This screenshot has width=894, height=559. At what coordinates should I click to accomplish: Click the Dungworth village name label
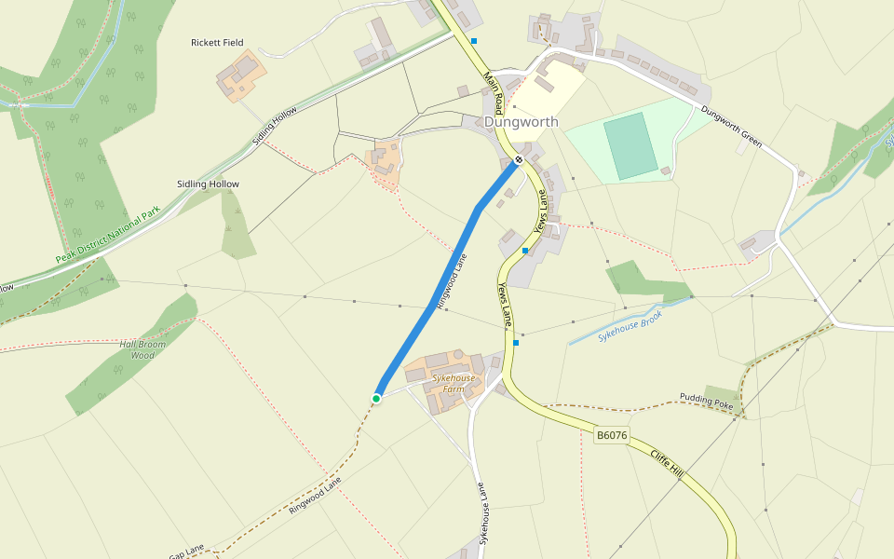(521, 122)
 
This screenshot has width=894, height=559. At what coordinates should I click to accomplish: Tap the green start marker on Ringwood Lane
(376, 399)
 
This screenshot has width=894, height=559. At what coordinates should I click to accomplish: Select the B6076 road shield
(612, 435)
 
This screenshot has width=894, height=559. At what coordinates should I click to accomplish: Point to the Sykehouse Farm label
(454, 384)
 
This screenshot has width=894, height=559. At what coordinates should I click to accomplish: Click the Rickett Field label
(217, 43)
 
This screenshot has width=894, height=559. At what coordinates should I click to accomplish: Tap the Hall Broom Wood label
(142, 349)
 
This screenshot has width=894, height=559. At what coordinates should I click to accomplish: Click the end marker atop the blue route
(519, 160)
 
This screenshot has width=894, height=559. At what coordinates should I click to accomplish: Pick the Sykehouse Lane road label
(483, 513)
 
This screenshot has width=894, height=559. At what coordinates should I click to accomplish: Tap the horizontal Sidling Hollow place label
(208, 184)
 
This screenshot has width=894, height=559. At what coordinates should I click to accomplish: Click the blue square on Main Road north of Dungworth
(474, 41)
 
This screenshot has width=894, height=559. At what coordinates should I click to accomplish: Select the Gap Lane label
(187, 552)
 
